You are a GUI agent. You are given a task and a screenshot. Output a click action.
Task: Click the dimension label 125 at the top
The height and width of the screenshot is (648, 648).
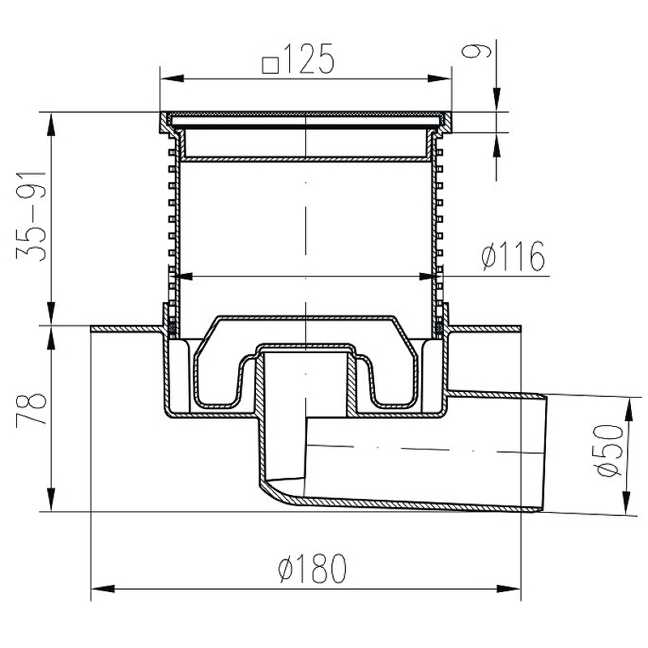[309, 58]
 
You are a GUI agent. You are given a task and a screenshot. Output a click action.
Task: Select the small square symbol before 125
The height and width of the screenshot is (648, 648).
[271, 65]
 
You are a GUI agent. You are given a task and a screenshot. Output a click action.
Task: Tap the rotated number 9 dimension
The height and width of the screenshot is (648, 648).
[476, 51]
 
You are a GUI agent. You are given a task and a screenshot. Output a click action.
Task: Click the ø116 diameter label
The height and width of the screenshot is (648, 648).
[514, 256]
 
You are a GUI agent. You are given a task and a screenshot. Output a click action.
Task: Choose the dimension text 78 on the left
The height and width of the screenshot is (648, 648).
[31, 409]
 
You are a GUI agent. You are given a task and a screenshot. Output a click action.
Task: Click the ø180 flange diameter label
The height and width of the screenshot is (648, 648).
[312, 569]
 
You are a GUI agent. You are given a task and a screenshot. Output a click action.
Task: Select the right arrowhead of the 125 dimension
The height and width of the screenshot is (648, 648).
[439, 79]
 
